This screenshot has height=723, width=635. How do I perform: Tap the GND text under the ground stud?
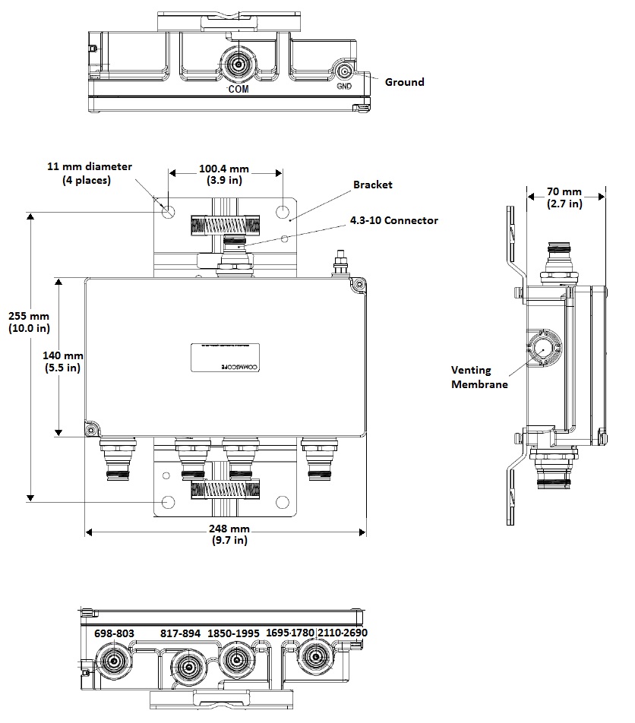(x=344, y=86)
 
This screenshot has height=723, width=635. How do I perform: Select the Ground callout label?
(x=404, y=82)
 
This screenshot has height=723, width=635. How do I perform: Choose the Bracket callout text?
(x=372, y=185)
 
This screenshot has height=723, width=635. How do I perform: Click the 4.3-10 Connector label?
(x=393, y=220)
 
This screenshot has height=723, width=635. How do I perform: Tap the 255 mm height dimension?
(x=29, y=322)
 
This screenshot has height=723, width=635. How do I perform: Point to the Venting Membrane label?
(x=472, y=377)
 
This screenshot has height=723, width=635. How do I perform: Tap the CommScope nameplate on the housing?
(x=225, y=358)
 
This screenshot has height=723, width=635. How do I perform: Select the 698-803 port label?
(x=114, y=633)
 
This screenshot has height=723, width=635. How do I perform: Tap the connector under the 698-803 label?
(x=115, y=661)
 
